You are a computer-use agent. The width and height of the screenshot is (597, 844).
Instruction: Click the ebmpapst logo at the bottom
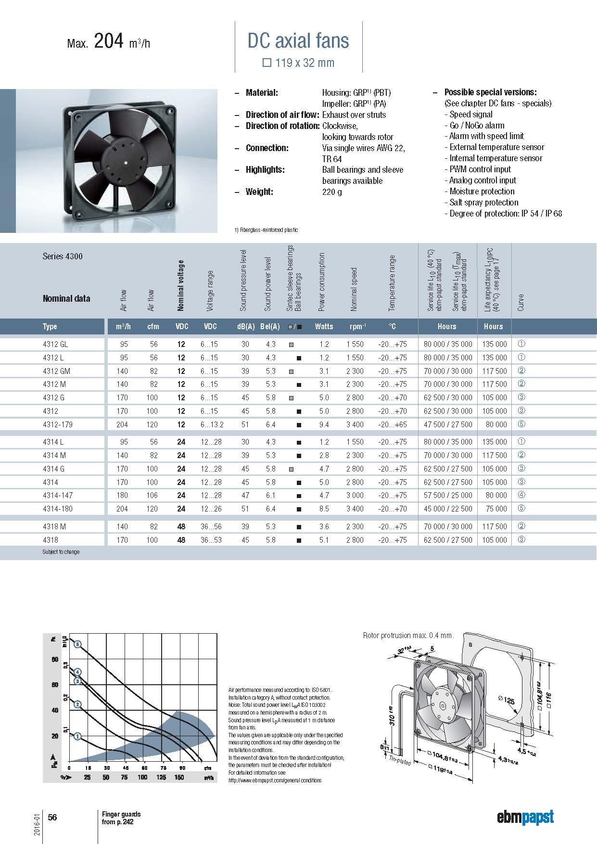coord(525,817)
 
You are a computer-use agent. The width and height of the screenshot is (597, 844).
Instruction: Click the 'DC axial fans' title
coord(298,41)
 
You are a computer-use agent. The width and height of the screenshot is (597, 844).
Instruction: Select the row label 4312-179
coord(58,424)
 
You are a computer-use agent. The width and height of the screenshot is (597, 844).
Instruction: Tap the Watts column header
coord(324,326)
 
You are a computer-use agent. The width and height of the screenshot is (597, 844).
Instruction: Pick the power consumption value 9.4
coord(324,424)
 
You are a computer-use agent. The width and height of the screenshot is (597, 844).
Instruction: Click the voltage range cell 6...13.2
coord(212,424)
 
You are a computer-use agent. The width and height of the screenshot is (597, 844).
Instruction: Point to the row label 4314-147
coord(58,495)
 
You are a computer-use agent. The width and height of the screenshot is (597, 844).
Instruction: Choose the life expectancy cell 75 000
coord(495,509)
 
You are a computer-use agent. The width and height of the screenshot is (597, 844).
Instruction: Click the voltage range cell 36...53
coord(211,540)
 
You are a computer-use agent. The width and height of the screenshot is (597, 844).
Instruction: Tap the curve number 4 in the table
coord(521,495)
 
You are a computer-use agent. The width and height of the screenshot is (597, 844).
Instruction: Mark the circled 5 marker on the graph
coord(78,644)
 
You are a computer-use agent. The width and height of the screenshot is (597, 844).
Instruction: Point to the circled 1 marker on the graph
coord(78,736)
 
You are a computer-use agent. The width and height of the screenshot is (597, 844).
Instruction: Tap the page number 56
coord(52,817)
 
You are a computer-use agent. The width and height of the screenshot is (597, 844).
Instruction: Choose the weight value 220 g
coord(331,192)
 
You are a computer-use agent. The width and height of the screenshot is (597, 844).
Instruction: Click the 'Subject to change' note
coord(61,552)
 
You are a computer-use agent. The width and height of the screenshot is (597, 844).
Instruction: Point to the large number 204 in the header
coord(110,42)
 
